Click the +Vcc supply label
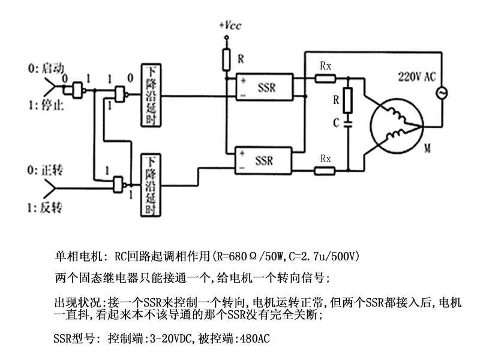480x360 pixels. [x=230, y=25]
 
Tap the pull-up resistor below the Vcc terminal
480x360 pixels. [x=226, y=59]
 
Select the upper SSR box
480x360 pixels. [x=265, y=87]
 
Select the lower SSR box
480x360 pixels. [x=263, y=161]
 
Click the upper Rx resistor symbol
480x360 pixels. [x=325, y=79]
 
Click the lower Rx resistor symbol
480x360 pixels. [x=325, y=170]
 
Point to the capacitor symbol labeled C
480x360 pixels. [x=348, y=124]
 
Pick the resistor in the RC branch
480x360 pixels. [x=348, y=100]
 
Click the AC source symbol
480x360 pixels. [x=442, y=93]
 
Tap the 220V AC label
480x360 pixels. [x=416, y=77]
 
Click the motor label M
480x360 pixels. [x=427, y=149]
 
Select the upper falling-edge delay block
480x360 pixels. [x=151, y=95]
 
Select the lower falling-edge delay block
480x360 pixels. [x=151, y=185]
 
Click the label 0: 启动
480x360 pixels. [x=46, y=68]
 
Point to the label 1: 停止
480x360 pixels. [x=46, y=105]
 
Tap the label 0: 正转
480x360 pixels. [x=45, y=170]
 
